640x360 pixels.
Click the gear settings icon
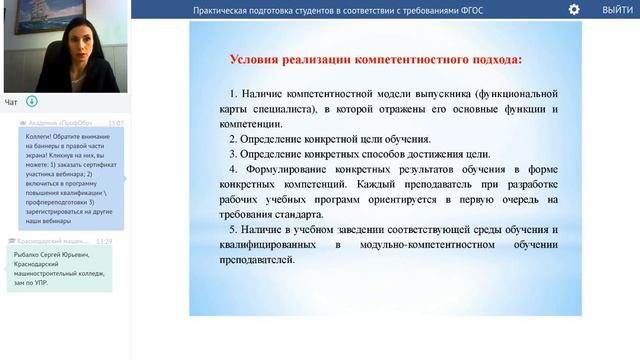click(574, 9)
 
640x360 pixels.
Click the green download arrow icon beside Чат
click(32, 101)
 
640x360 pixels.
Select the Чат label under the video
click(11, 102)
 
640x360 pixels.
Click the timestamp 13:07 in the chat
click(116, 123)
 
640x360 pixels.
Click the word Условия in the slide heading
click(255, 60)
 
